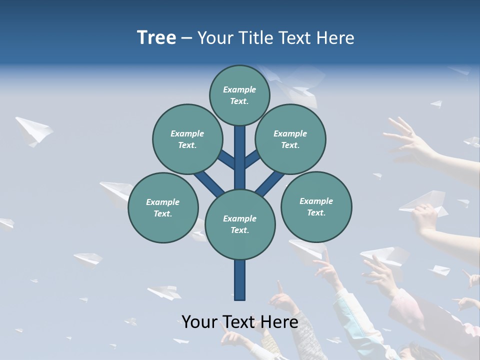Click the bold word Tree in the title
point(156,37)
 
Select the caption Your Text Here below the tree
point(240,321)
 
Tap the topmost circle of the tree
point(239,95)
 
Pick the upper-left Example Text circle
point(187,139)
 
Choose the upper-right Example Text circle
point(290,139)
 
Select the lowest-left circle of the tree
point(163,207)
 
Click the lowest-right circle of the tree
point(316,206)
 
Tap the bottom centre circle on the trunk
point(240,224)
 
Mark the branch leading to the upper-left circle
point(226,159)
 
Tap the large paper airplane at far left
point(33,131)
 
